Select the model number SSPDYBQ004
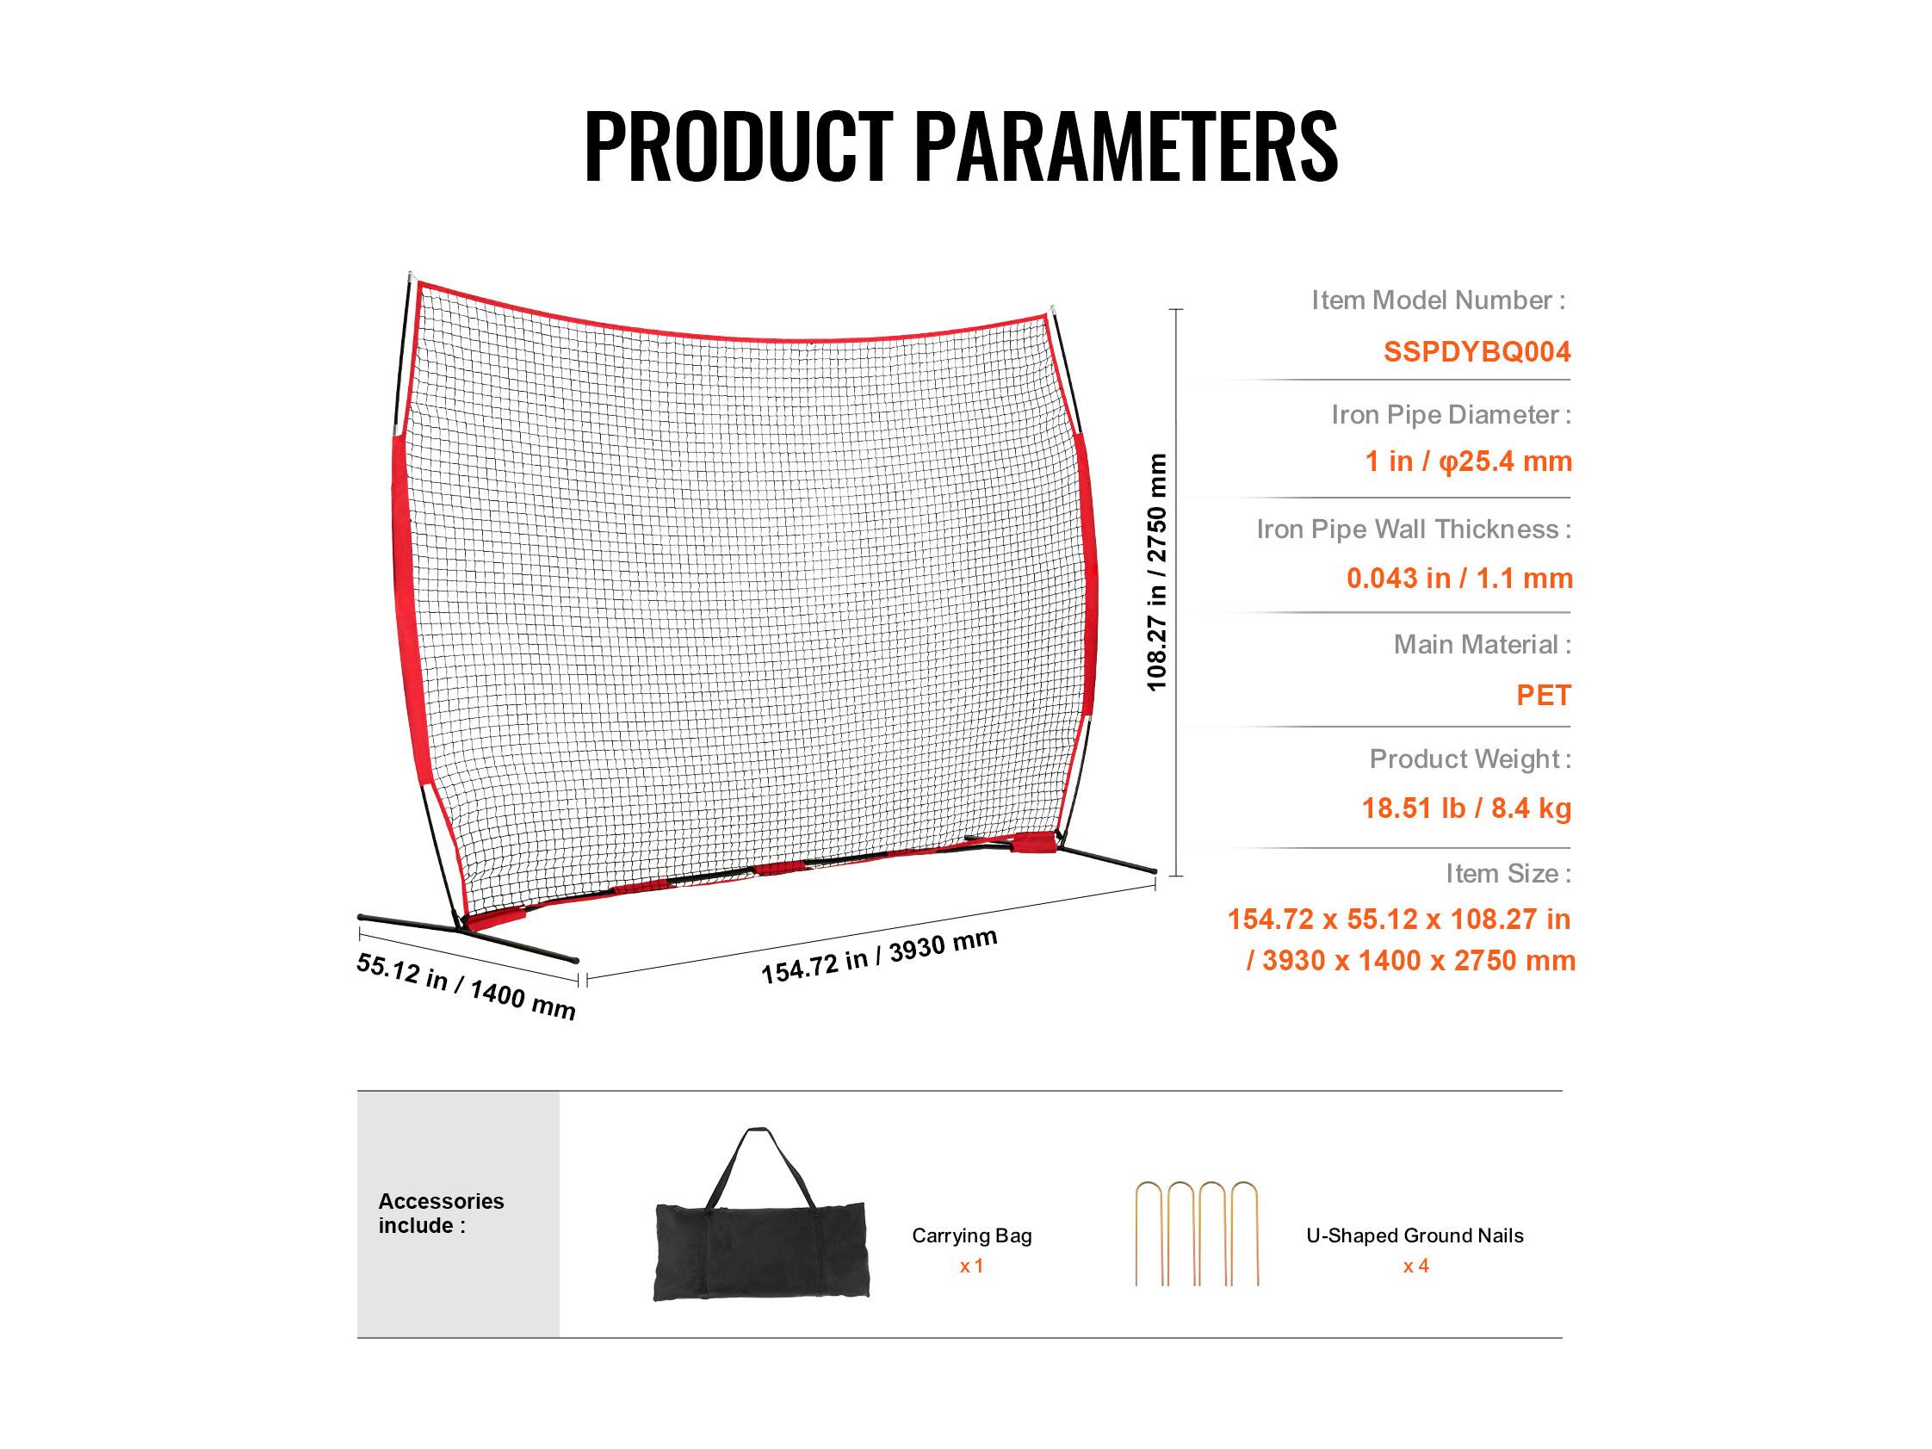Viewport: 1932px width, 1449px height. coord(1477,351)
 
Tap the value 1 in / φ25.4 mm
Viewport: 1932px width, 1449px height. coord(1468,461)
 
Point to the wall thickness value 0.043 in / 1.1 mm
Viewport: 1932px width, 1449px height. coord(1459,578)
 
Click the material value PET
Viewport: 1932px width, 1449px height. coord(1544,696)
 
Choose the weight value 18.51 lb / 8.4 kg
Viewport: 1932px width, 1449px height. coord(1466,808)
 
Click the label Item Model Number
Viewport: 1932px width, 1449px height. coord(1438,300)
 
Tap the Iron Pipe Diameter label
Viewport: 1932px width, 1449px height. coord(1451,414)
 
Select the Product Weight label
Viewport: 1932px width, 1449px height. coord(1470,759)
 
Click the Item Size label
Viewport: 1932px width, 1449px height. coord(1508,873)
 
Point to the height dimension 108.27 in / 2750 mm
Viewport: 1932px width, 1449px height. coord(1156,572)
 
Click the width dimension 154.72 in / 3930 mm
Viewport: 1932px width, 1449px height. coord(879,957)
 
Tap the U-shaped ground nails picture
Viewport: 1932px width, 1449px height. coord(1197,1233)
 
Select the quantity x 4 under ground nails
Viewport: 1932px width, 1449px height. coord(1415,1266)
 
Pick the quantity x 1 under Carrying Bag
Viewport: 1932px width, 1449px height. coord(971,1266)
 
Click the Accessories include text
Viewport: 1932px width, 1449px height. coord(441,1213)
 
